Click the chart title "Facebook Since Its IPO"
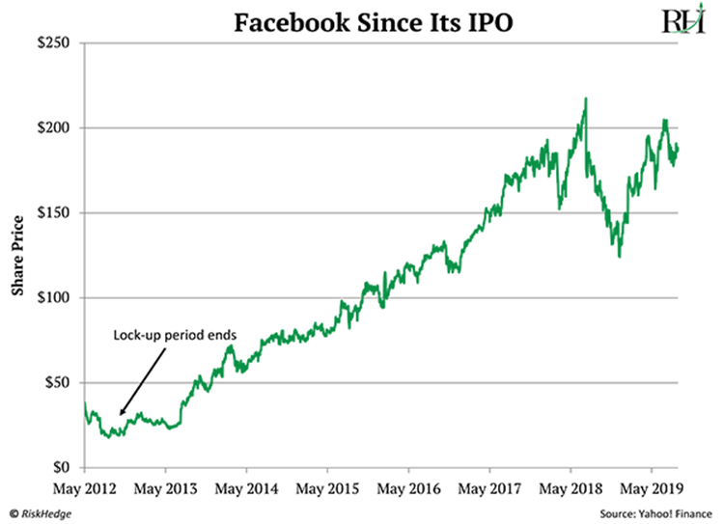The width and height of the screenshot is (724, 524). tap(362, 20)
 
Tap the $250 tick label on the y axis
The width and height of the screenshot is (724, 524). tap(56, 42)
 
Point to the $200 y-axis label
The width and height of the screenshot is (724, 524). tap(56, 127)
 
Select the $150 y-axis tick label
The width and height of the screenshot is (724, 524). tap(56, 212)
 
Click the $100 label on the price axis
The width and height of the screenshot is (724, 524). tap(56, 297)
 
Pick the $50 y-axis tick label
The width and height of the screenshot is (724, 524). tap(60, 382)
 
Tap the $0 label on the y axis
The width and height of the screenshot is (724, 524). tap(64, 467)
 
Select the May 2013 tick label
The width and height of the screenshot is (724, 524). tap(165, 488)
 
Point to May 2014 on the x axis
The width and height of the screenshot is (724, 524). tap(247, 488)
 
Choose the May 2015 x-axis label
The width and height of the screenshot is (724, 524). tap(328, 488)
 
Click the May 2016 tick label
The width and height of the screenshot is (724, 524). tap(409, 488)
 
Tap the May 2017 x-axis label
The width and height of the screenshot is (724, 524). tap(490, 488)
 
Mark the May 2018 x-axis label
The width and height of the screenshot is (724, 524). tap(571, 488)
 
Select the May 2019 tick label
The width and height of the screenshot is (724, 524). tap(653, 488)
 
